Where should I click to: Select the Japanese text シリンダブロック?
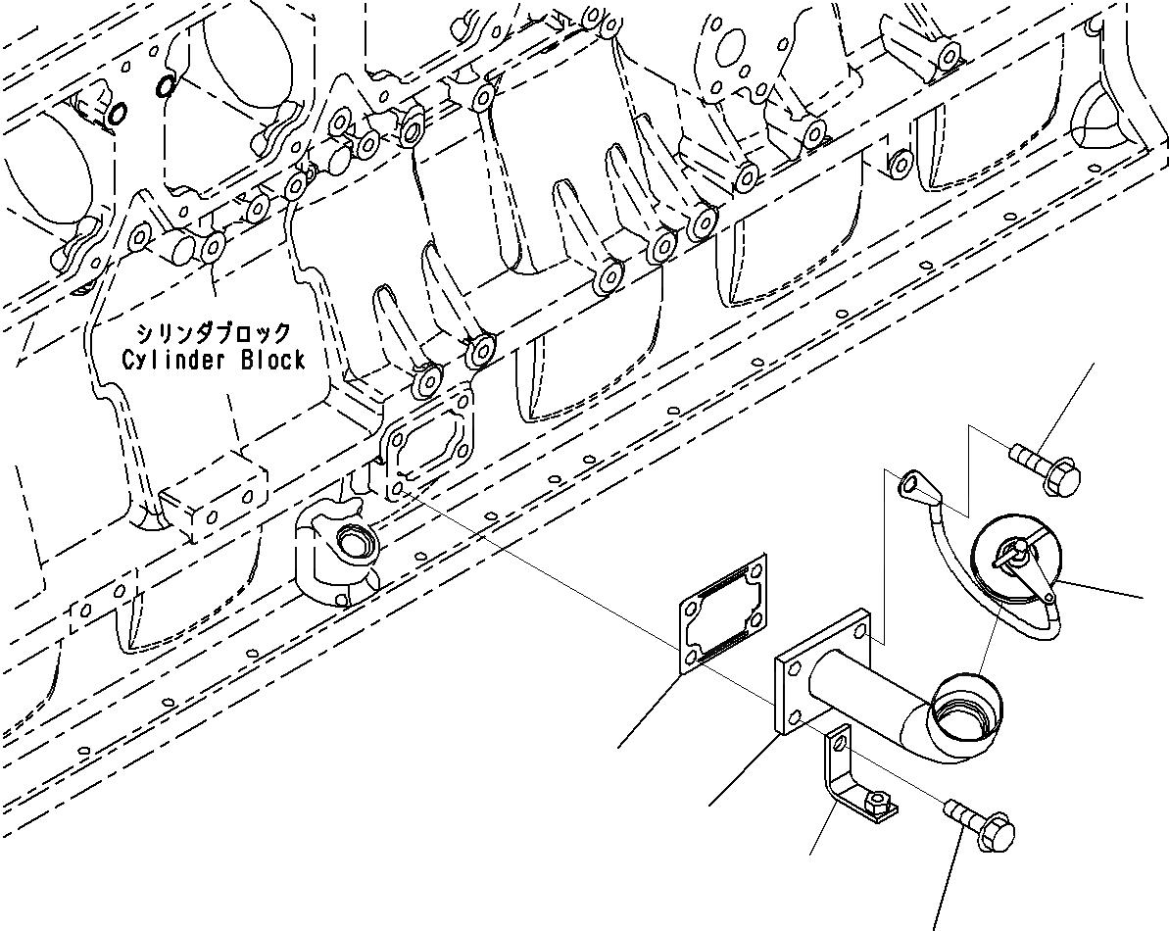(x=213, y=333)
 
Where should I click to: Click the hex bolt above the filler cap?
(x=1047, y=468)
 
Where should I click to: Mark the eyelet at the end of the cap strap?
(x=913, y=481)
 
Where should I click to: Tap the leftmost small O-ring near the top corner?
(x=117, y=115)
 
